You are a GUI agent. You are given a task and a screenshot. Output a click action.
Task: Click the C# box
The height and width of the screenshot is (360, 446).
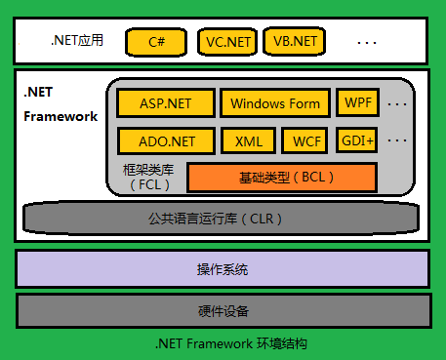[x=156, y=43]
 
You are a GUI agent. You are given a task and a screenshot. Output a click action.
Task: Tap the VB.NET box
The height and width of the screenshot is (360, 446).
[x=294, y=43]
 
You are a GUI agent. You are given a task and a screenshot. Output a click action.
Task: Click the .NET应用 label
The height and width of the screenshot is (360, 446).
[x=77, y=41]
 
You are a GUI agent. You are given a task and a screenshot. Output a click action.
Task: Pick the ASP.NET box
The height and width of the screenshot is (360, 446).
[x=165, y=103]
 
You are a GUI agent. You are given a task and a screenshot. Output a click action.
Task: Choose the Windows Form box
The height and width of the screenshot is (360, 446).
[x=276, y=103]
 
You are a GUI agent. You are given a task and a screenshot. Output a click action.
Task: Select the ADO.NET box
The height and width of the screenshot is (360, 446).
[x=165, y=140]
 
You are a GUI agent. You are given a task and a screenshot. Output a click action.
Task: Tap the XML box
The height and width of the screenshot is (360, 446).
[x=249, y=140]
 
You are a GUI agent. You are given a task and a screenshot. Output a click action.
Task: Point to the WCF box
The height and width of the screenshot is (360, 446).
[x=307, y=140]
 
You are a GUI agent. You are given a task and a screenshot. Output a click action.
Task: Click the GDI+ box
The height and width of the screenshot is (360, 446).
[x=357, y=140]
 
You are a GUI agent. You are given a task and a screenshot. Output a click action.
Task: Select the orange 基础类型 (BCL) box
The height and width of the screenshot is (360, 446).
[x=281, y=178]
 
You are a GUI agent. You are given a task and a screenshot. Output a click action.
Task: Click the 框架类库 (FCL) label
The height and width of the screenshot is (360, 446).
[x=147, y=177]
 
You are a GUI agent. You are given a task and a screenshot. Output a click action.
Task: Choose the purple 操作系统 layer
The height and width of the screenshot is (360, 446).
[x=223, y=269]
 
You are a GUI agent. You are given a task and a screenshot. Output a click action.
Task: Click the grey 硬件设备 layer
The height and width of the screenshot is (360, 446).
[x=223, y=311]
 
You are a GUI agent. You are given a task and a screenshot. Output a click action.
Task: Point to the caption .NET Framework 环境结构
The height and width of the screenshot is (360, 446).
[x=223, y=344]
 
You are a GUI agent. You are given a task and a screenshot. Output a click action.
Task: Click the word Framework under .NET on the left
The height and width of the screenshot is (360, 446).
[x=61, y=117]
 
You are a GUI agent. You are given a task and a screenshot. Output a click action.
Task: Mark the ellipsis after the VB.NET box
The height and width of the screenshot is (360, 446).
[x=367, y=43]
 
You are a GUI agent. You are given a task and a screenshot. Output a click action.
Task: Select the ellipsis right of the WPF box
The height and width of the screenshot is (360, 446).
[x=396, y=102]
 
